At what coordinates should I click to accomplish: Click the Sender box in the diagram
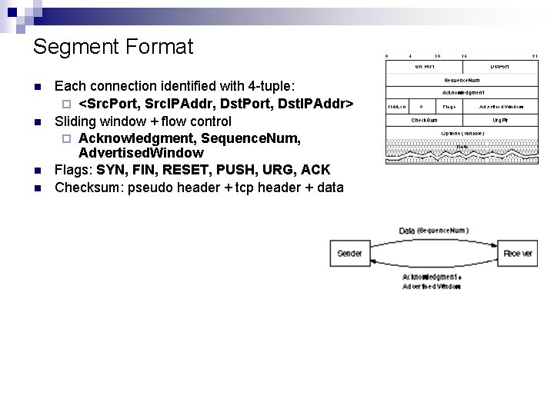pos(349,254)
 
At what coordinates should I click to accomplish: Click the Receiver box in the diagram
pos(518,254)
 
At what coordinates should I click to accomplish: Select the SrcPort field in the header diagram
pos(424,67)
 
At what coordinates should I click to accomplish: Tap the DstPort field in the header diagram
pos(500,67)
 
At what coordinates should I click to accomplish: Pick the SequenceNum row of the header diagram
pos(462,80)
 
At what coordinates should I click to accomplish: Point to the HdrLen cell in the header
pos(397,106)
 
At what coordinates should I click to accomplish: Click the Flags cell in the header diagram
pos(449,106)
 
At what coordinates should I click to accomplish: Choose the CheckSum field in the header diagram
pos(424,120)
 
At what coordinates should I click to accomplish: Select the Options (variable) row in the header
pos(462,133)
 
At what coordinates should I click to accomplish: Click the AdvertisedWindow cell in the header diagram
pos(500,106)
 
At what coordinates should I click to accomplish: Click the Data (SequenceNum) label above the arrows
pos(434,231)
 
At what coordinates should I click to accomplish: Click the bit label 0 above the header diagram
pos(387,55)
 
